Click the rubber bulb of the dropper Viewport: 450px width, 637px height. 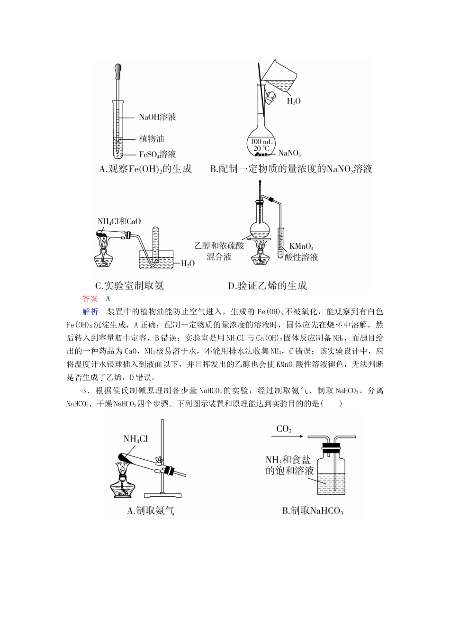[x=117, y=72]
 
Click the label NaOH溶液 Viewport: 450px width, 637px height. [x=157, y=117]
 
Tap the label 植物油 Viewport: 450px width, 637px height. [x=151, y=139]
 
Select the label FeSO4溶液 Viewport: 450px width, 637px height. [x=157, y=154]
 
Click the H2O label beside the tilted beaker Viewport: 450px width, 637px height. [x=294, y=100]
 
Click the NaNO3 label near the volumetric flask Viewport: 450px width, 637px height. [x=289, y=153]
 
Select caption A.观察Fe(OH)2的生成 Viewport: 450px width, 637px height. [x=145, y=169]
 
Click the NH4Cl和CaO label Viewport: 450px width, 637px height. [x=119, y=221]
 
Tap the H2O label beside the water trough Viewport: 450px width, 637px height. [x=188, y=264]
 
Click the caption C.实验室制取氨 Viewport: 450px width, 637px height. [x=129, y=286]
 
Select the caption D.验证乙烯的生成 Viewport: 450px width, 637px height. [x=267, y=286]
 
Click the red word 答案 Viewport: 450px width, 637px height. [x=90, y=299]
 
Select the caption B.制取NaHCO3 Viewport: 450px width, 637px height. [x=313, y=511]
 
